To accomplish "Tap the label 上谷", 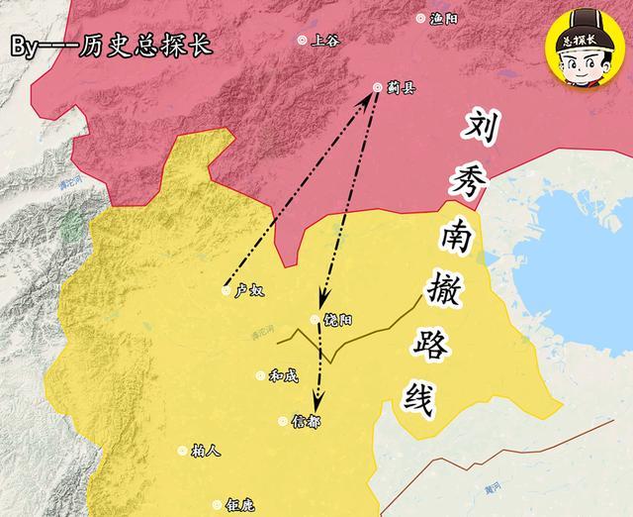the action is click(324, 41).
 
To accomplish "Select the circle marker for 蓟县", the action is click(377, 87).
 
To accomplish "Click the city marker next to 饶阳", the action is click(316, 319).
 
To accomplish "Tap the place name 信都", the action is click(307, 423).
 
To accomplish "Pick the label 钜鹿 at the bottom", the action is click(240, 504).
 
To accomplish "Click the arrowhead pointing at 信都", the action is click(316, 402).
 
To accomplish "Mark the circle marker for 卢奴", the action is click(226, 290).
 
